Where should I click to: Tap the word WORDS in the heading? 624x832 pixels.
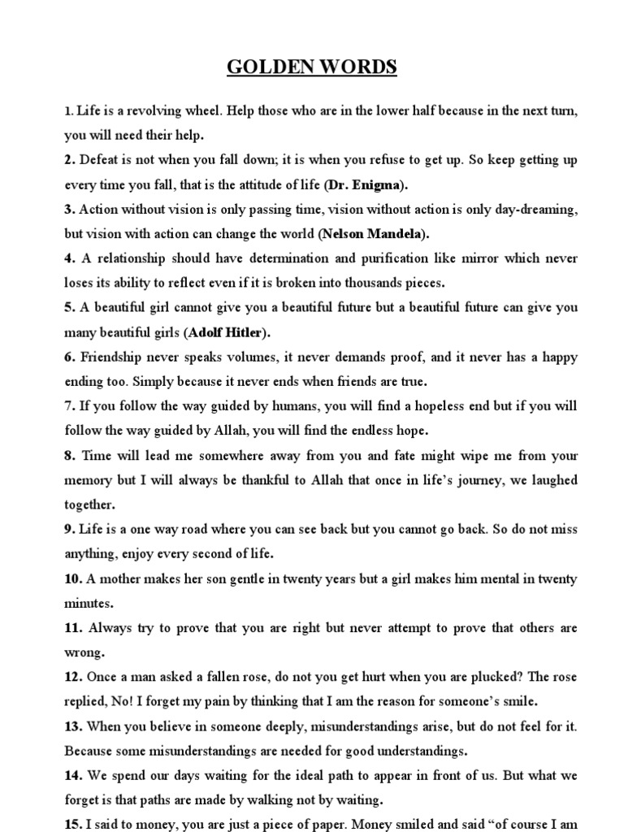(357, 67)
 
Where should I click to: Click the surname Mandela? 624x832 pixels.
(394, 234)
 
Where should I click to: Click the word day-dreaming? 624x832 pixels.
(537, 210)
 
